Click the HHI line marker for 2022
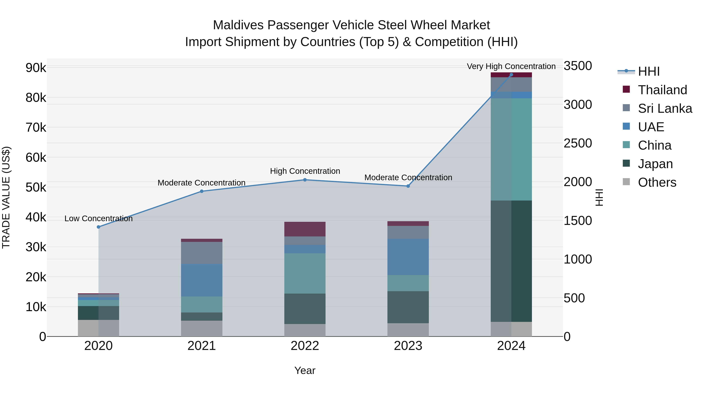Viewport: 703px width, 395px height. point(305,180)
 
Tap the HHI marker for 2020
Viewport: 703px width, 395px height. point(99,227)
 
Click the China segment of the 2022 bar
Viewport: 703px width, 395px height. point(305,273)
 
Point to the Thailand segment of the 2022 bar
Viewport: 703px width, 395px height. point(305,229)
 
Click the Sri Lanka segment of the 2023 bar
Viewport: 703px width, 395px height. point(408,232)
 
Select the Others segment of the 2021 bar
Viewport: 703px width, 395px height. point(202,328)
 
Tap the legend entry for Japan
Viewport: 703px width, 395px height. point(655,164)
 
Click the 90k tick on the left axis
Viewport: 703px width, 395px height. point(36,68)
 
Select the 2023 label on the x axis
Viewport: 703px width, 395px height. point(408,346)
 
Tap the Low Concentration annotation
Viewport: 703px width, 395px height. point(99,219)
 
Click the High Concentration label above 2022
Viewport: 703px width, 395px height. point(305,171)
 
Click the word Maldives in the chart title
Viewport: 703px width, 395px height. point(238,25)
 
